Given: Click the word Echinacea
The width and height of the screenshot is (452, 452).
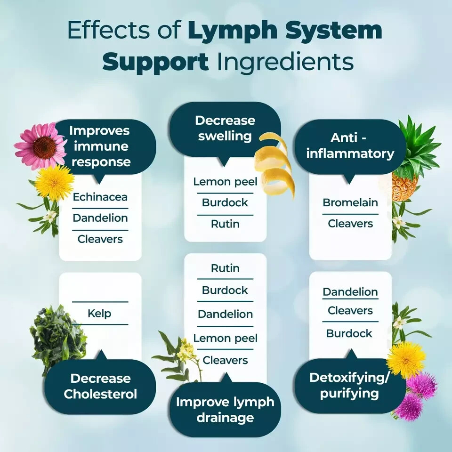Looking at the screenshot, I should pyautogui.click(x=100, y=197).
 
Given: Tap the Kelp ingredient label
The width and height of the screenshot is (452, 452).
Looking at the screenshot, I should pyautogui.click(x=99, y=313).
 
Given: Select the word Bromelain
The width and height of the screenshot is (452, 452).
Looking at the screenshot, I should pyautogui.click(x=350, y=202).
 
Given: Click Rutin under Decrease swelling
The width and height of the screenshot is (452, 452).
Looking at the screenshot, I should pyautogui.click(x=225, y=224).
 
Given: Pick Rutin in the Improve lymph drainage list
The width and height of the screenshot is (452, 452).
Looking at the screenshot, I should pyautogui.click(x=225, y=268).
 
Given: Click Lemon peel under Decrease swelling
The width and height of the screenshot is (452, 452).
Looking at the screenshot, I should pyautogui.click(x=225, y=181).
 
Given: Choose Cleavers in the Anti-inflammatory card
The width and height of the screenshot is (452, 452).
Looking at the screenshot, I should pyautogui.click(x=350, y=224).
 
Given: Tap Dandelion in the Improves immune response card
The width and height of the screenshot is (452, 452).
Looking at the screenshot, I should pyautogui.click(x=100, y=218).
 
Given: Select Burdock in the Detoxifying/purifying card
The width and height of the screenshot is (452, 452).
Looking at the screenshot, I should pyautogui.click(x=349, y=333).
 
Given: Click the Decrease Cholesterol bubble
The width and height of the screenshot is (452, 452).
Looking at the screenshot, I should pyautogui.click(x=100, y=386).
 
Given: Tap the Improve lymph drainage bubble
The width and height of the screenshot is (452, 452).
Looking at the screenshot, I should pyautogui.click(x=225, y=410).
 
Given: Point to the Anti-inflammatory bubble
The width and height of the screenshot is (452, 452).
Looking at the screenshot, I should pyautogui.click(x=350, y=146).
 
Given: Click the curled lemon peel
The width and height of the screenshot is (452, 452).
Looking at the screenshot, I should pyautogui.click(x=275, y=162).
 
